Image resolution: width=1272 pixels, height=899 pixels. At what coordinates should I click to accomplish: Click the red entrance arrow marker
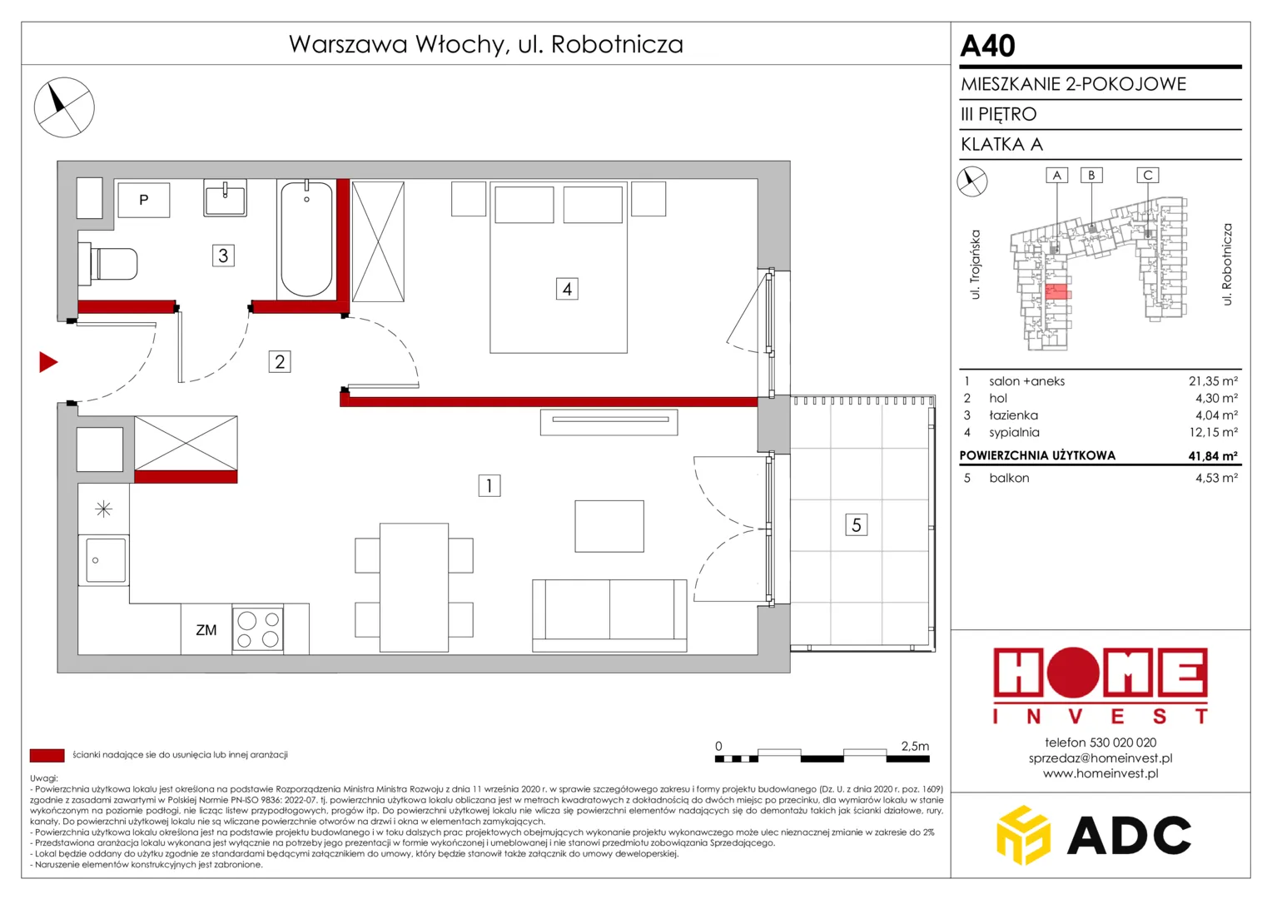pyautogui.click(x=47, y=362)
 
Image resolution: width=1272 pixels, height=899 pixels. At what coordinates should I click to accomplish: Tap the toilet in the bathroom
pyautogui.click(x=108, y=264)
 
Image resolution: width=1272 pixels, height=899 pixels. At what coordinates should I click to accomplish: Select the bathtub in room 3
pyautogui.click(x=306, y=239)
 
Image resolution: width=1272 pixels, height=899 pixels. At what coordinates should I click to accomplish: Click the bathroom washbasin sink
pyautogui.click(x=226, y=197)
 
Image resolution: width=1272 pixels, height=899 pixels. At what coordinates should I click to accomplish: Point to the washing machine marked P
pyautogui.click(x=144, y=200)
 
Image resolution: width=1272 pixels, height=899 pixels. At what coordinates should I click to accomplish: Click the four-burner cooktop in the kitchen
pyautogui.click(x=258, y=629)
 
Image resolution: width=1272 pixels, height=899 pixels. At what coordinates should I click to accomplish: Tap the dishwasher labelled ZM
pyautogui.click(x=206, y=629)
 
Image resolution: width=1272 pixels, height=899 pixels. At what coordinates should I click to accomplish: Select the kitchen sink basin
pyautogui.click(x=106, y=559)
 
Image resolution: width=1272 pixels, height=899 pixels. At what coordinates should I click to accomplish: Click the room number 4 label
pyautogui.click(x=567, y=289)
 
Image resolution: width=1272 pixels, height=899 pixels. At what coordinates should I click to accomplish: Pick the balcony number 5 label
pyautogui.click(x=857, y=524)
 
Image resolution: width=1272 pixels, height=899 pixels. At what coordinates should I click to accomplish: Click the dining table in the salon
pyautogui.click(x=414, y=587)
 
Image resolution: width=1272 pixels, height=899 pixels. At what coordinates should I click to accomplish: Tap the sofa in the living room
pyautogui.click(x=609, y=616)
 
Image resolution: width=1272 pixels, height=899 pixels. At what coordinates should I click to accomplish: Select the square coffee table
pyautogui.click(x=609, y=526)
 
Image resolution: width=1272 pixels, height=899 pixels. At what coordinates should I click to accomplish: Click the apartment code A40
pyautogui.click(x=987, y=46)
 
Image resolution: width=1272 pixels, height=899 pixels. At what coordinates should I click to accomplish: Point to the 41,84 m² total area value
pyautogui.click(x=1213, y=455)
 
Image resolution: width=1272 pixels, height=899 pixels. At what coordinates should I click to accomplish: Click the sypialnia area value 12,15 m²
pyautogui.click(x=1214, y=432)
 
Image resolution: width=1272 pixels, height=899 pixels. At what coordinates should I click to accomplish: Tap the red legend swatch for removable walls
pyautogui.click(x=47, y=755)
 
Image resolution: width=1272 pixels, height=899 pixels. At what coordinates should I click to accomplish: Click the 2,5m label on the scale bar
pyautogui.click(x=915, y=746)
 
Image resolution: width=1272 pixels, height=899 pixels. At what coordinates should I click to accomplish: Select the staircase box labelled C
pyautogui.click(x=1148, y=175)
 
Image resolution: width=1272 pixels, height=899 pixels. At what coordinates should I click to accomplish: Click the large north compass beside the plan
pyautogui.click(x=64, y=107)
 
